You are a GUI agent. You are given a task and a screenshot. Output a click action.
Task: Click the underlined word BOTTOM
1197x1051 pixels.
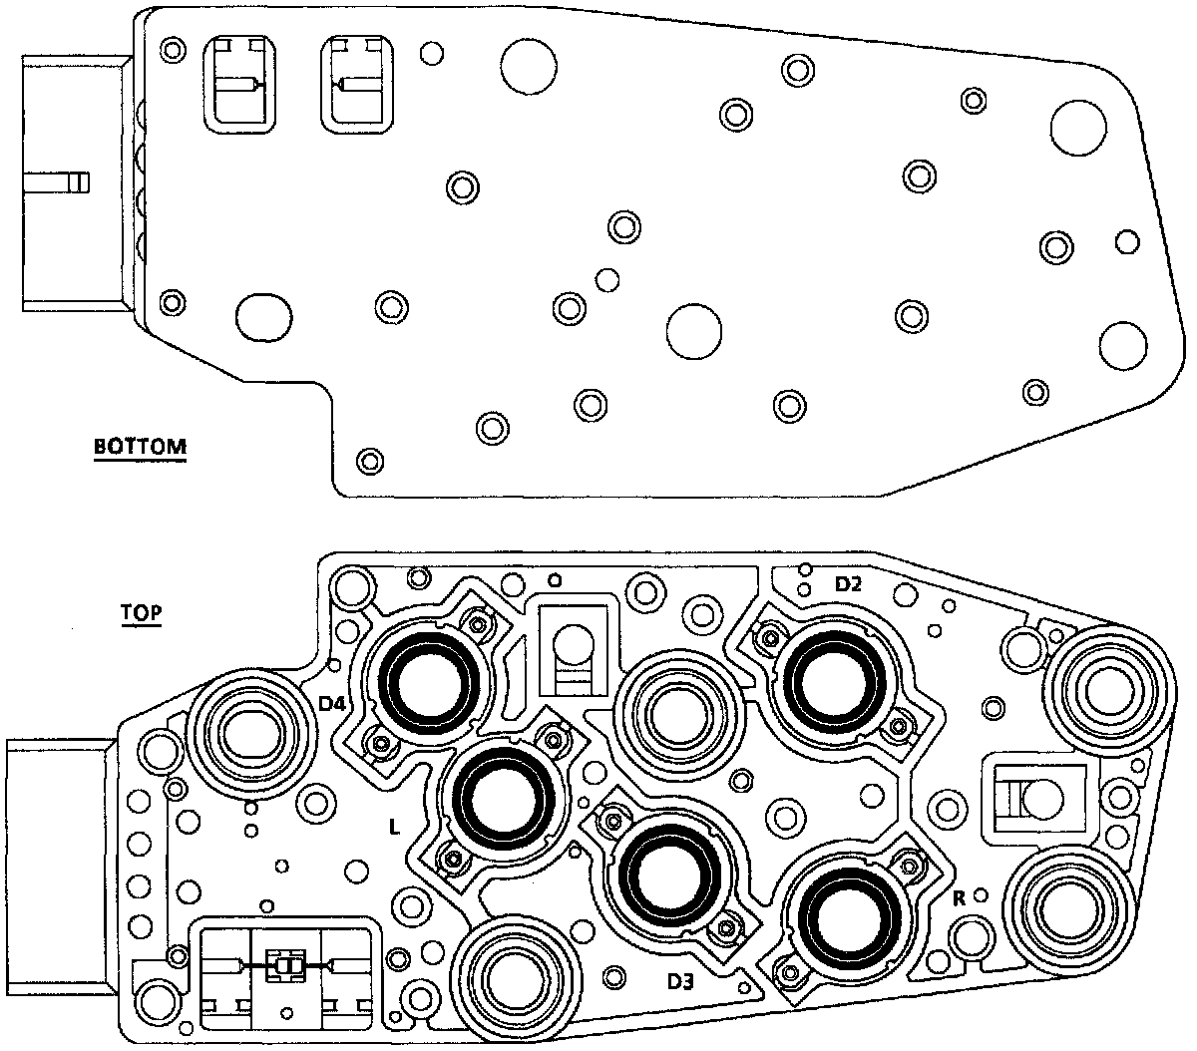coord(140,446)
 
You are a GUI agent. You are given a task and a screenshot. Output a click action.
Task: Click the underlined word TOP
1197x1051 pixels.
coord(142,612)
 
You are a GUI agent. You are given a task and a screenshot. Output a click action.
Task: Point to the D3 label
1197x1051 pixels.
coord(681,982)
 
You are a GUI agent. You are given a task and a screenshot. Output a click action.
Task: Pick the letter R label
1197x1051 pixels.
coord(959,897)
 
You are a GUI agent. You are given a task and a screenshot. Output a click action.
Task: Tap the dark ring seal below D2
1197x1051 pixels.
coord(833,680)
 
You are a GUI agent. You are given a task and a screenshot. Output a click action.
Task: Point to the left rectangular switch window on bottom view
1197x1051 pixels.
coord(237,85)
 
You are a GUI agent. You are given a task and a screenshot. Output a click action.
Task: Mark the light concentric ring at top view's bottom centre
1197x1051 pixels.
coord(515,975)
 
